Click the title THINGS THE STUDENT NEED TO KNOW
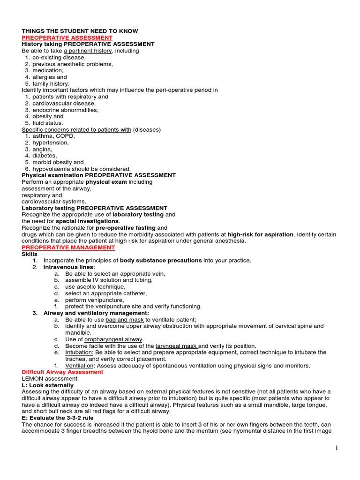(x=80, y=31)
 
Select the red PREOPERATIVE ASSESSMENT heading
(x=67, y=37)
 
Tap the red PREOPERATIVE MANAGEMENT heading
(x=68, y=247)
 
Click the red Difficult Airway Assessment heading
(x=62, y=372)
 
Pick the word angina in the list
(x=43, y=149)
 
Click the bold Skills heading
(x=30, y=254)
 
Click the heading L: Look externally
(x=47, y=385)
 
